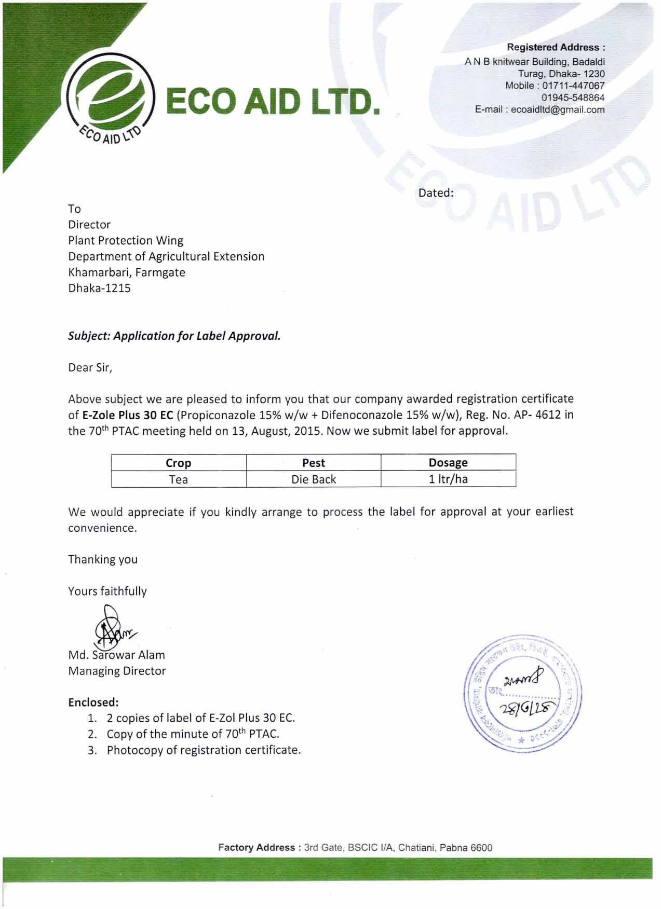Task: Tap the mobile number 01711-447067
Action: click(573, 86)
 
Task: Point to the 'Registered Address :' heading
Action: click(556, 47)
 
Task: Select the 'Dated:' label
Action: click(436, 193)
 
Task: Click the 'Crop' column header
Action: click(178, 463)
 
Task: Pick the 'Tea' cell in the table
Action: click(178, 479)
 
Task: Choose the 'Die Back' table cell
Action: click(313, 479)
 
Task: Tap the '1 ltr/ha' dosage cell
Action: click(448, 479)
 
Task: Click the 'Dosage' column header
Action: click(448, 462)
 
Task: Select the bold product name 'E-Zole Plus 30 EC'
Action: click(128, 415)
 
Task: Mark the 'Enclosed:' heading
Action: click(93, 703)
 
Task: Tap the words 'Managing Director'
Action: click(117, 671)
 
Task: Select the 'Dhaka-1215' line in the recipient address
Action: click(99, 288)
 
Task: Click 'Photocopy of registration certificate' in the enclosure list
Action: click(204, 750)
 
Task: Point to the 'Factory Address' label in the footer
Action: click(257, 848)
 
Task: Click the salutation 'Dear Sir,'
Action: click(90, 368)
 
